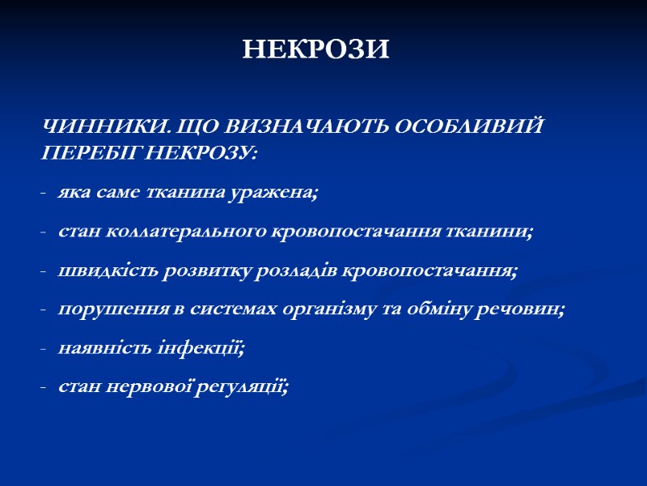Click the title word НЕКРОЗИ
316,50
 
